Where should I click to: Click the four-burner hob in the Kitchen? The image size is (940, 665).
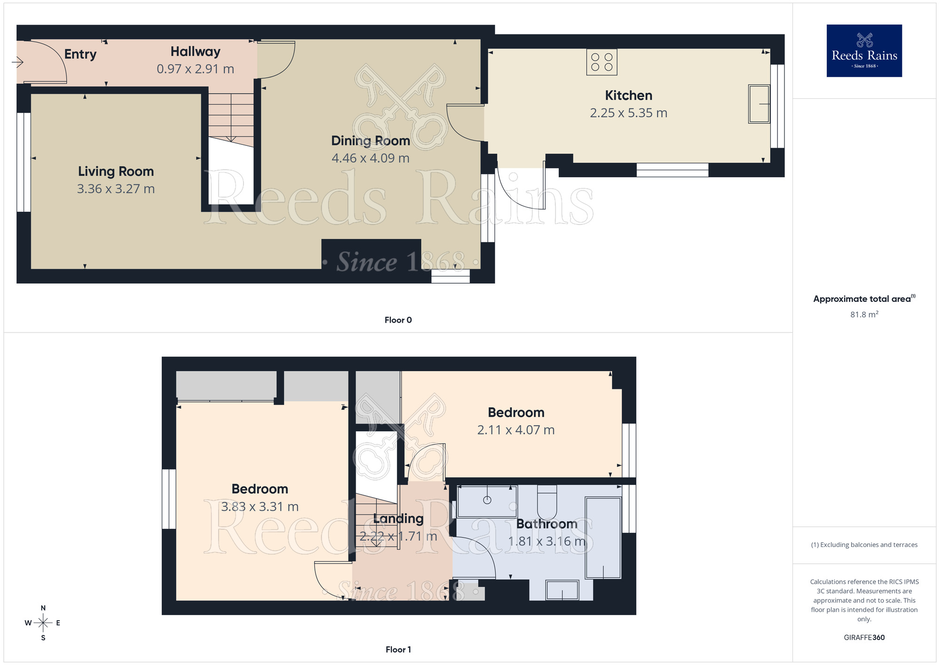(602, 62)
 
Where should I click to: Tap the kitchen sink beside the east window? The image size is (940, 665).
(759, 104)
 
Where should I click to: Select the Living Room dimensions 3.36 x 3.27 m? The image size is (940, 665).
(116, 189)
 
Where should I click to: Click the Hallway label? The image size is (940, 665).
(195, 52)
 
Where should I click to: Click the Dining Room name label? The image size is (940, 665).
(370, 141)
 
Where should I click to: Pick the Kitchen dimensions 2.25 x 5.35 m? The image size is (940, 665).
(628, 113)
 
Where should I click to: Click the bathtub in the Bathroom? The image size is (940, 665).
(603, 538)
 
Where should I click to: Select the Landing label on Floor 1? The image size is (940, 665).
(398, 519)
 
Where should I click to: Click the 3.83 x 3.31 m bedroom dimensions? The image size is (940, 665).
(259, 507)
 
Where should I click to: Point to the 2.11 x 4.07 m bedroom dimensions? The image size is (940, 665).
(516, 430)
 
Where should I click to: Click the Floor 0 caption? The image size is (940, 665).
(398, 320)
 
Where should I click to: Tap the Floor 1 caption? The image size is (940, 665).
(398, 649)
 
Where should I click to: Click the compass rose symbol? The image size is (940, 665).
(43, 623)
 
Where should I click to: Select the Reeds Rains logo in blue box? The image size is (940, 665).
(864, 51)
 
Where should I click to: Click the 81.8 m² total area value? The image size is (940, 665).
(864, 315)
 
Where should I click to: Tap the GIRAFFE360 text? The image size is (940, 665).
(864, 638)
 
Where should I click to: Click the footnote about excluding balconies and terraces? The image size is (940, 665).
(864, 545)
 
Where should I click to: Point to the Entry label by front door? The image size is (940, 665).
(80, 55)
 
